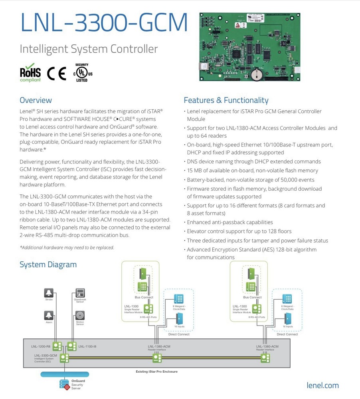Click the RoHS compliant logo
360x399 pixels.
pos(30,73)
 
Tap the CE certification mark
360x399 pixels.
pos(56,73)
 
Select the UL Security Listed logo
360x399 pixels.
pos(82,73)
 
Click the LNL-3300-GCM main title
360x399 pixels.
pos(104,23)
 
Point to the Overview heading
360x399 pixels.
pos(36,100)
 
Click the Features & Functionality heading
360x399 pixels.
pos(226,100)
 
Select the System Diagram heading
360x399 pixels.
pos(48,265)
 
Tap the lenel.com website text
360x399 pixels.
pos(322,385)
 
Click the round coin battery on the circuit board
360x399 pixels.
pos(257,73)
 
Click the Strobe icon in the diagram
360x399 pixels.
pos(49,293)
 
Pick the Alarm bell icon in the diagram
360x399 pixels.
pos(49,315)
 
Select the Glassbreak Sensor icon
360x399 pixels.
pos(80,293)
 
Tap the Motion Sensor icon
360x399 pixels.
pos(80,315)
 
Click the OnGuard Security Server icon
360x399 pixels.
pos(64,384)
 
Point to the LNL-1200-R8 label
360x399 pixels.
pos(41,346)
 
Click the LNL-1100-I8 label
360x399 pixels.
pos(87,346)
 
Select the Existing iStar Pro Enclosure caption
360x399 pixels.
pos(156,371)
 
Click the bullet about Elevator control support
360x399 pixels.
pos(239,231)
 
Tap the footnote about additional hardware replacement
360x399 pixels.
pos(67,247)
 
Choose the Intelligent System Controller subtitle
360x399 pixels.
pos(89,49)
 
